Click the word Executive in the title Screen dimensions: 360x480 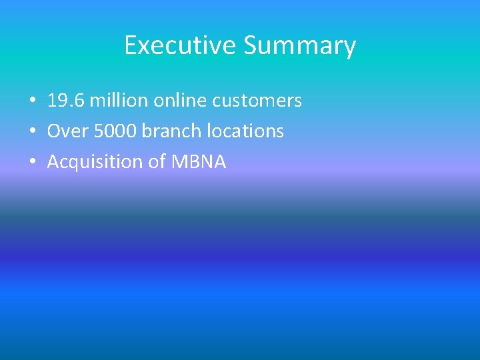[x=181, y=45]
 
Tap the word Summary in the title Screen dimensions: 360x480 [x=299, y=45]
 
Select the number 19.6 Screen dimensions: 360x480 [x=65, y=101]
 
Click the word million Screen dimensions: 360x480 [x=119, y=101]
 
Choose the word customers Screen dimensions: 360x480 [x=257, y=101]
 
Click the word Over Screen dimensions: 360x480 [x=67, y=131]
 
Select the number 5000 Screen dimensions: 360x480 [x=115, y=131]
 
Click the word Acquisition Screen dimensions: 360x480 [x=95, y=162]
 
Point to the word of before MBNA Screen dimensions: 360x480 [x=157, y=162]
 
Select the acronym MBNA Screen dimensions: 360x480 [x=199, y=162]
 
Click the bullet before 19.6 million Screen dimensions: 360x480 [x=32, y=101]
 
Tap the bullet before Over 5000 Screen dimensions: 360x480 [x=32, y=132]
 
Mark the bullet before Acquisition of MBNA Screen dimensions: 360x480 [x=32, y=163]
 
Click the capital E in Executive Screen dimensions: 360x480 [x=131, y=45]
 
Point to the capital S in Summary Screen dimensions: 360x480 [x=251, y=45]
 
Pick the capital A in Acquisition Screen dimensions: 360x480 [x=53, y=162]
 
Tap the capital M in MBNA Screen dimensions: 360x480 [x=180, y=162]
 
